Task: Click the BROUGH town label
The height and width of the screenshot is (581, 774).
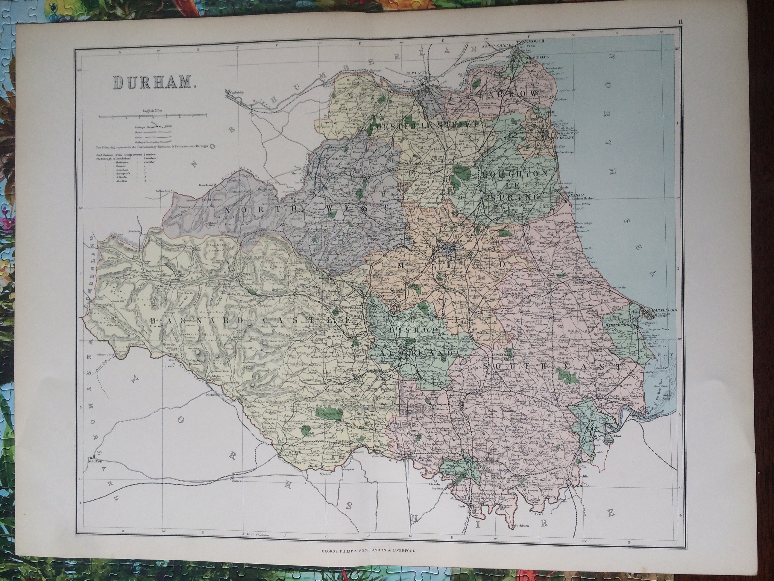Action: (x=93, y=462)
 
